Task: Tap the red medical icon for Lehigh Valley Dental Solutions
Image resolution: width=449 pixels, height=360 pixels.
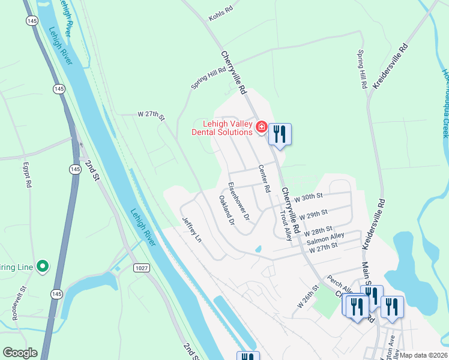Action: point(261,127)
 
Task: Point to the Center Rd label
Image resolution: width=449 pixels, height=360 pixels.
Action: point(263,179)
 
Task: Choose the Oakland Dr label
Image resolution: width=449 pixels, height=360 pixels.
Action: point(226,210)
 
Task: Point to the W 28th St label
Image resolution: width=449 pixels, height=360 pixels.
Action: point(318,231)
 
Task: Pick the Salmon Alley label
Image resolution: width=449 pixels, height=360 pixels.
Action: point(325,239)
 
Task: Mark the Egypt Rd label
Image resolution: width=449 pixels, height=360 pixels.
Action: point(26,175)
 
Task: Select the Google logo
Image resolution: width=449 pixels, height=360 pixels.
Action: point(20,353)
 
